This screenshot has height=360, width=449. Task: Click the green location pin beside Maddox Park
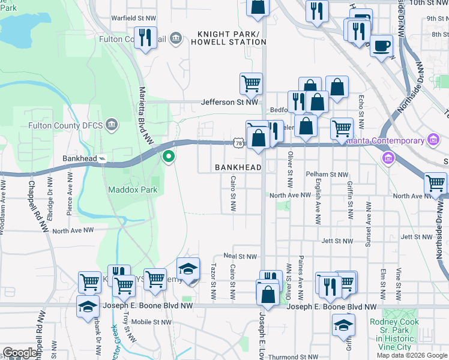pos(169,157)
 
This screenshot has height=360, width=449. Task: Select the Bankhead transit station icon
pos(103,159)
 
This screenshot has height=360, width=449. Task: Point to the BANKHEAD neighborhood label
pos(238,167)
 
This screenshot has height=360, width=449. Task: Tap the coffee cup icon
pos(381,45)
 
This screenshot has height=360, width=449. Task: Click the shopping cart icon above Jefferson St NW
pos(251,83)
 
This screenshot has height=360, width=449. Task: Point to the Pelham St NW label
pos(327,175)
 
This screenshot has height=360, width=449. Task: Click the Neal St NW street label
pos(240,256)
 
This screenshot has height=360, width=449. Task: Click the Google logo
pos(20,353)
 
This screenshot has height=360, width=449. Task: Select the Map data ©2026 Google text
pos(411,355)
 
